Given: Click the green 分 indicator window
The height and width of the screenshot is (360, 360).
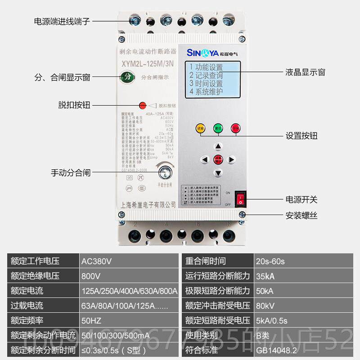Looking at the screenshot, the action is (x=128, y=77).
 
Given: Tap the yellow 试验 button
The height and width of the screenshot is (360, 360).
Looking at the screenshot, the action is (x=200, y=128).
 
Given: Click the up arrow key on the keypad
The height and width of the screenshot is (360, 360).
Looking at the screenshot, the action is (x=218, y=146).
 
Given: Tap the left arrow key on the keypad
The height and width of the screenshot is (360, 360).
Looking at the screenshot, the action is (x=205, y=159).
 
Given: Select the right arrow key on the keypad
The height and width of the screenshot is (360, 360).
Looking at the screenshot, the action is (x=231, y=159).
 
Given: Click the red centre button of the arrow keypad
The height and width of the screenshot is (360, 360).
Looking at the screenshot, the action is (x=218, y=159).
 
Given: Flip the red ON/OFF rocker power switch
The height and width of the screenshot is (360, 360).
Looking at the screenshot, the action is (x=241, y=198).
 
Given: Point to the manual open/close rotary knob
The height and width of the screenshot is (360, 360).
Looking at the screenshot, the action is (x=165, y=172).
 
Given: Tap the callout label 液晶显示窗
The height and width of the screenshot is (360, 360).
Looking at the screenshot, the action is (x=305, y=72).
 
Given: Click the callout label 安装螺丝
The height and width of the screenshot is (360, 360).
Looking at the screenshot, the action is (x=301, y=216).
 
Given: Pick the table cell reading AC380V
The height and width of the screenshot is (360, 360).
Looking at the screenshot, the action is (x=96, y=261).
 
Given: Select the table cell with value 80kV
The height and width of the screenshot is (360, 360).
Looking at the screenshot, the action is (x=265, y=305).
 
